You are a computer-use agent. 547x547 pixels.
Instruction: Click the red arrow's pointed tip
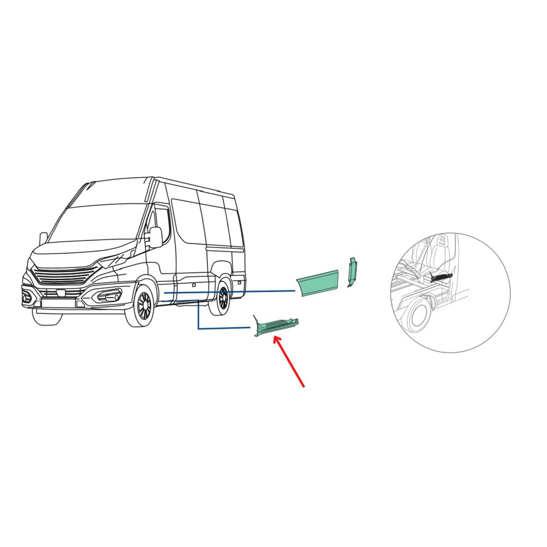point(275,337)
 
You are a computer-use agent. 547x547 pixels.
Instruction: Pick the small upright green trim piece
point(352,272)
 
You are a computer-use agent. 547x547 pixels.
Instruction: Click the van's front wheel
point(143,305)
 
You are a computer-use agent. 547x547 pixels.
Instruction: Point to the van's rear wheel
point(222,298)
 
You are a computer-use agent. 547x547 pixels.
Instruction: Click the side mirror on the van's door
point(155,237)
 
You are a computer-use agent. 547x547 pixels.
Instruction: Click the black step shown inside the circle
point(440,277)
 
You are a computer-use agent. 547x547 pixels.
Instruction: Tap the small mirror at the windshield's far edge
point(43,238)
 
